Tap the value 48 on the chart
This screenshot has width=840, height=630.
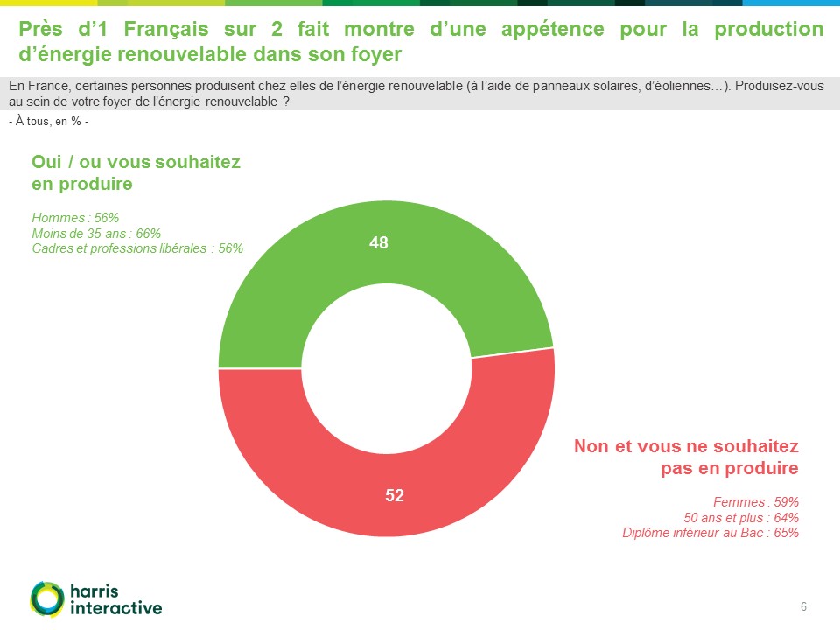(378, 243)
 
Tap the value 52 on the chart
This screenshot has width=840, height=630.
(395, 495)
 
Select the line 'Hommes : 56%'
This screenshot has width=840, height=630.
(75, 218)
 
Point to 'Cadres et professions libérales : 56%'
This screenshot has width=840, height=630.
(137, 248)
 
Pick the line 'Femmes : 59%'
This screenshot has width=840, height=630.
(756, 502)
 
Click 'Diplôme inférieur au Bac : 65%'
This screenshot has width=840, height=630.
(710, 532)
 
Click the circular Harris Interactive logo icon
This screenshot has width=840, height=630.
(46, 598)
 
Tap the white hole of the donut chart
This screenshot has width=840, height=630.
(386, 368)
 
